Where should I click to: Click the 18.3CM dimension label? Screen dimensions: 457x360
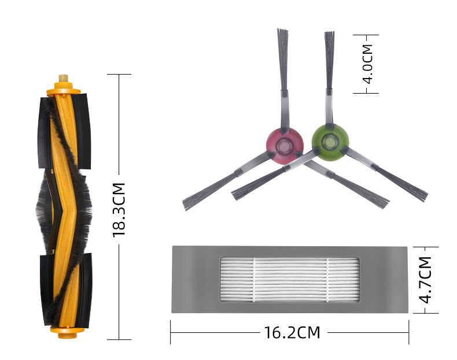coord(119,210)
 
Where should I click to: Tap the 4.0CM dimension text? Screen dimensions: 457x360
coord(367,64)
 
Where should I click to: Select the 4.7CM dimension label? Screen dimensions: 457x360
coord(425,280)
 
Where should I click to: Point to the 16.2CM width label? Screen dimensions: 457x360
coord(292,333)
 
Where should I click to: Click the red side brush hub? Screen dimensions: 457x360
coord(285,144)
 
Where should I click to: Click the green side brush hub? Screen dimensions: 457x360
coord(330,142)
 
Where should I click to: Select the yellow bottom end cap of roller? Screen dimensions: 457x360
coord(67,332)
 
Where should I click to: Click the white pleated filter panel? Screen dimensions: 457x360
coord(289,279)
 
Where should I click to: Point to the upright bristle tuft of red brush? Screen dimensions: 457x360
coord(283,60)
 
